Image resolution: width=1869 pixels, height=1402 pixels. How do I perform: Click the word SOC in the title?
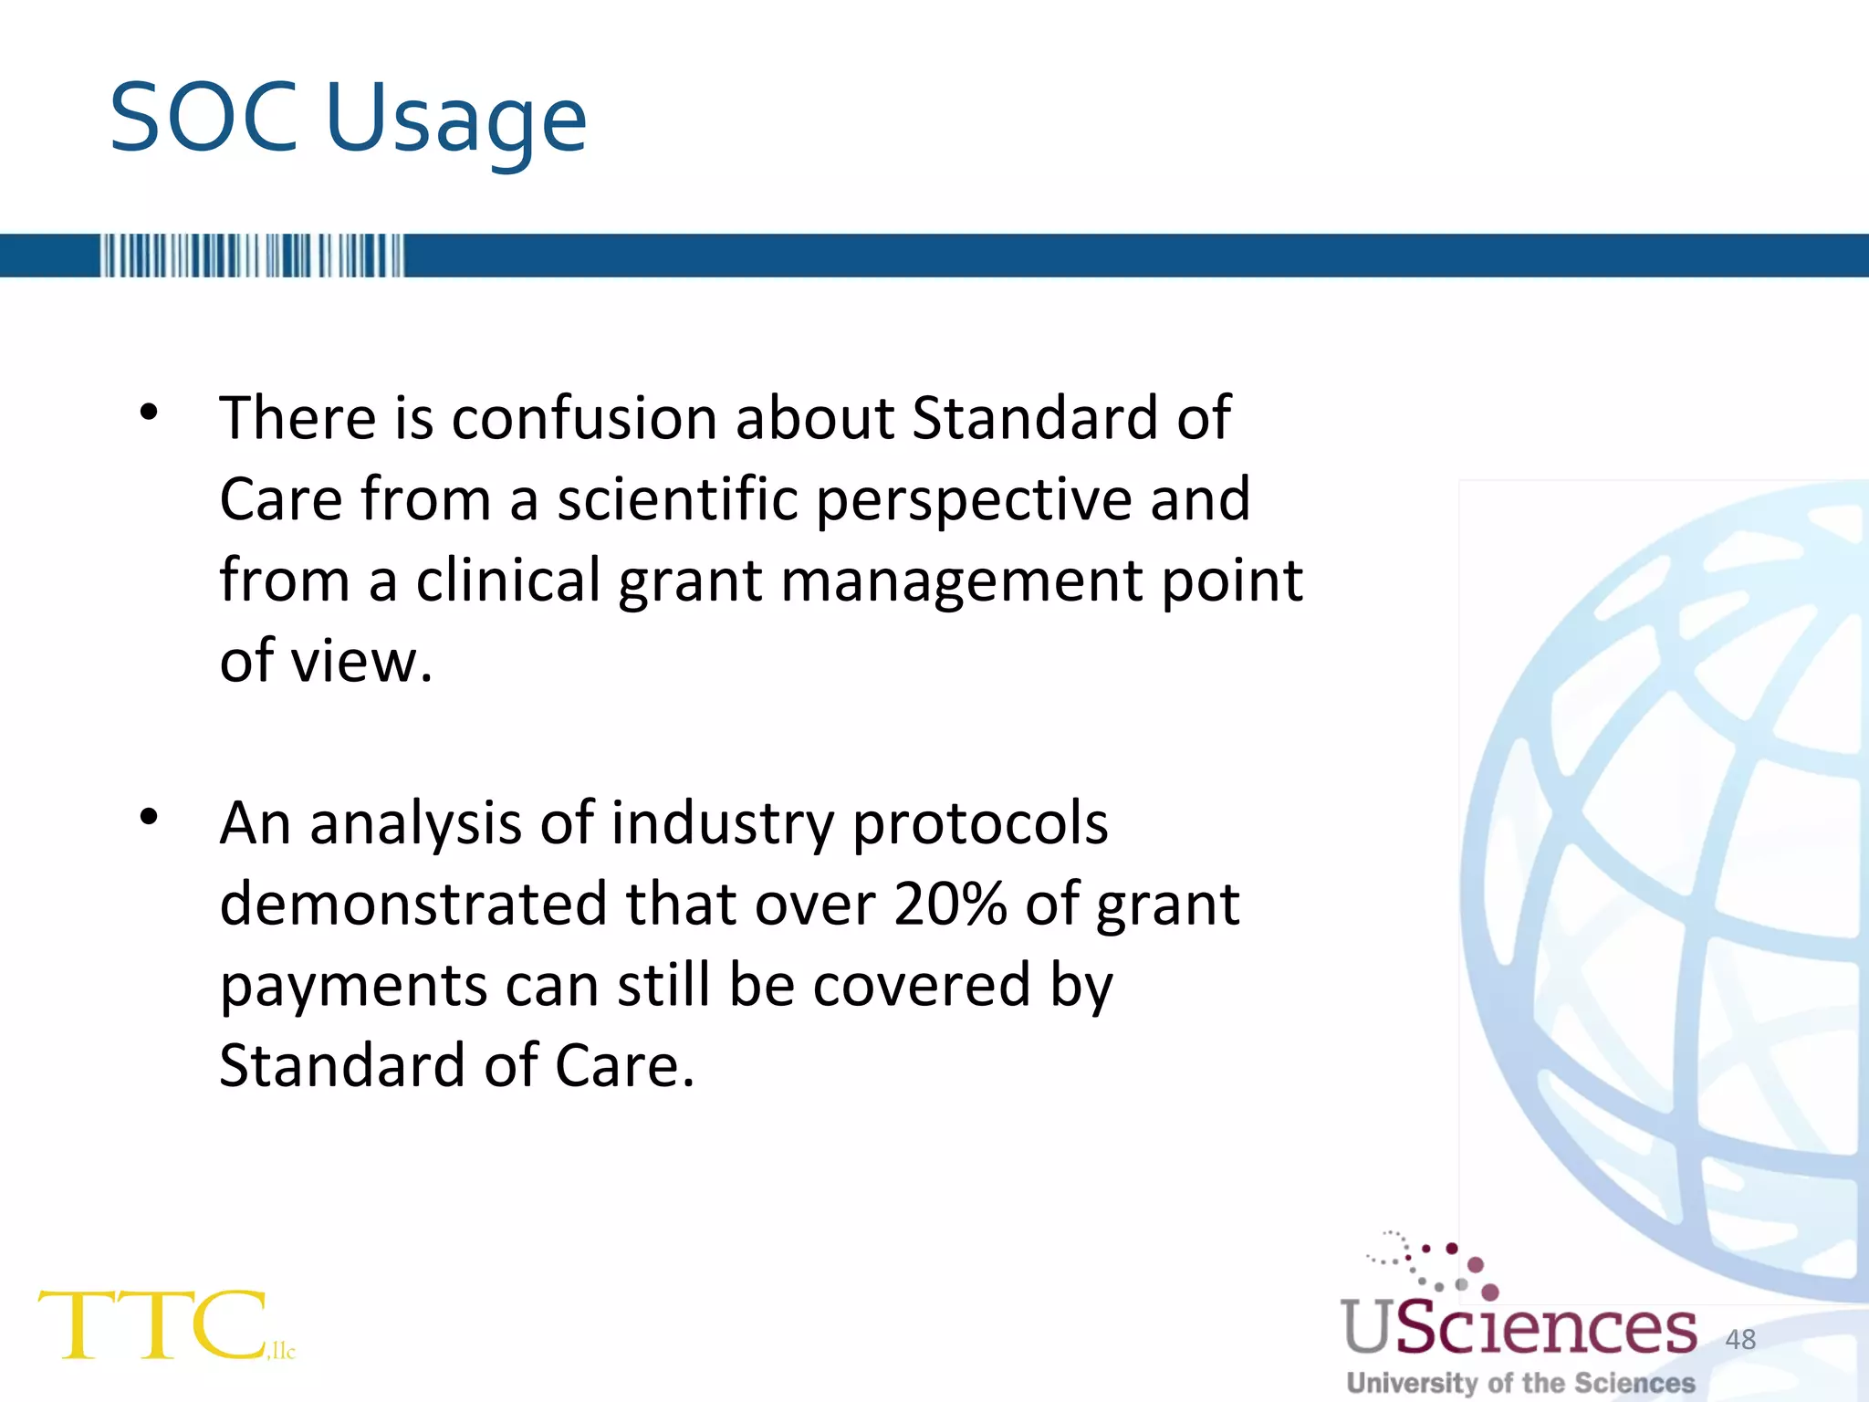pyautogui.click(x=204, y=119)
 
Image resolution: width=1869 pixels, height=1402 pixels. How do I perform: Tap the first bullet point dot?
pyautogui.click(x=149, y=413)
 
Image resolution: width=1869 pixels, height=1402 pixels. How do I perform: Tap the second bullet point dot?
pyautogui.click(x=149, y=816)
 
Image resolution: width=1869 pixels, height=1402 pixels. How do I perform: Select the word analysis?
pyautogui.click(x=415, y=825)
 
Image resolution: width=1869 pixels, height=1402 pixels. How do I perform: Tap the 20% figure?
pyautogui.click(x=950, y=905)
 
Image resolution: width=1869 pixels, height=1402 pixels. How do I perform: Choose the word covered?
pyautogui.click(x=922, y=986)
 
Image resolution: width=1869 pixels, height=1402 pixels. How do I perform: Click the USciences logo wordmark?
pyautogui.click(x=1519, y=1327)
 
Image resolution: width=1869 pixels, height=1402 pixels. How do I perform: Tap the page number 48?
pyautogui.click(x=1739, y=1339)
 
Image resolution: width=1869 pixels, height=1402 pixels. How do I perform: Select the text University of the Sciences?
pyautogui.click(x=1520, y=1382)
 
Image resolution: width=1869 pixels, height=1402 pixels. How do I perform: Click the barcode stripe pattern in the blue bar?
pyautogui.click(x=251, y=256)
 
